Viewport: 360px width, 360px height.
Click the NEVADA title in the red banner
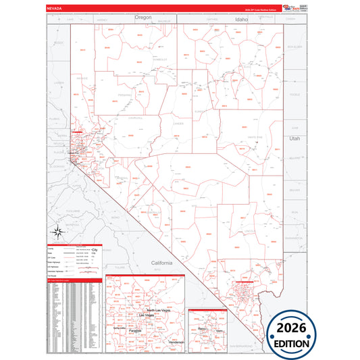pos(56,7)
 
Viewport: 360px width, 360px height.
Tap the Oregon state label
pos(143,17)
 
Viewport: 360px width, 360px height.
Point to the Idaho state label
pos(241,20)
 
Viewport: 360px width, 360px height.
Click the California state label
pos(162,262)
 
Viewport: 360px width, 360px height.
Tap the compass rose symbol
pos(59,234)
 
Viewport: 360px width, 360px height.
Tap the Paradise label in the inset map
pos(135,330)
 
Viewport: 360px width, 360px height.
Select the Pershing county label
pos(124,95)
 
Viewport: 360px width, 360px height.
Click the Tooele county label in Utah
pos(294,95)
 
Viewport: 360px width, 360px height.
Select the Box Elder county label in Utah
pos(294,47)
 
